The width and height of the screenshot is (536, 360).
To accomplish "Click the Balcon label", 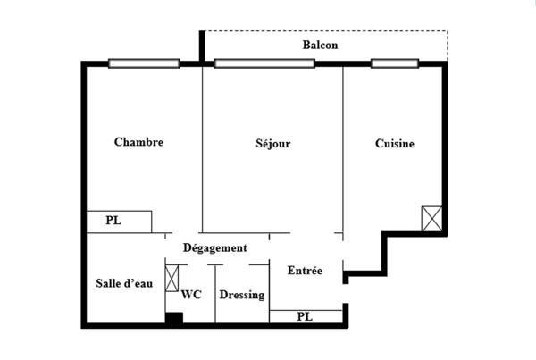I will click(320, 46).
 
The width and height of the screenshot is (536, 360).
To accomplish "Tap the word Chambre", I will click(138, 142).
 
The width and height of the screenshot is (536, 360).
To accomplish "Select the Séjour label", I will click(273, 143).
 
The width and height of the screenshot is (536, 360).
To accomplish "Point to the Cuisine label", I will click(394, 143).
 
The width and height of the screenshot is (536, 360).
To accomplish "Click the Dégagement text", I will click(214, 247).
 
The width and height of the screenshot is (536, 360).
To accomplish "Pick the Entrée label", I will click(305, 270).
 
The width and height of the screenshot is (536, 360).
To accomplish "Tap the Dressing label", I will click(241, 294).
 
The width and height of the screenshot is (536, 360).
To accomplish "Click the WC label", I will click(191, 294).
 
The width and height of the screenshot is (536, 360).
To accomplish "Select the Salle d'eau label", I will click(124, 283).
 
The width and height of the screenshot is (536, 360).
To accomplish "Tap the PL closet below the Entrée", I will click(306, 316).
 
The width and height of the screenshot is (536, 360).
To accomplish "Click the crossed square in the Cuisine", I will click(432, 219).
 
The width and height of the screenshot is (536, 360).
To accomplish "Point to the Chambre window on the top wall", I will click(143, 63).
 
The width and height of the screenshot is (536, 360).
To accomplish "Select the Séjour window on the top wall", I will click(264, 63).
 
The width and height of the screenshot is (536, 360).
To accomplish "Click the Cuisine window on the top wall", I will click(395, 63).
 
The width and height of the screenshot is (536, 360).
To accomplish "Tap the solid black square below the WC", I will click(175, 318).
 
